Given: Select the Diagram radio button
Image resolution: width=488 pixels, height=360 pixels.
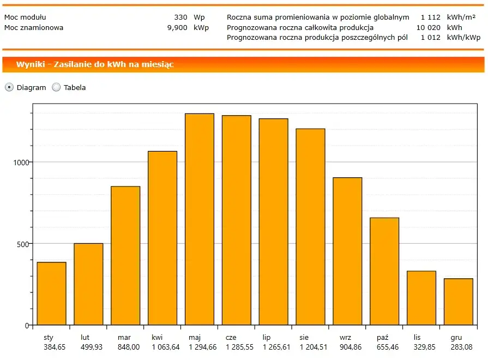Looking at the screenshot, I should (x=9, y=87).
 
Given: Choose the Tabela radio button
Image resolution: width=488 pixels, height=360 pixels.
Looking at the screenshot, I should (x=56, y=87).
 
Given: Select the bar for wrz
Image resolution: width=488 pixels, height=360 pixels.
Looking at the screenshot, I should (x=347, y=251).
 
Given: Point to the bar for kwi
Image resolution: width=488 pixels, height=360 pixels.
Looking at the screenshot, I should (x=162, y=238).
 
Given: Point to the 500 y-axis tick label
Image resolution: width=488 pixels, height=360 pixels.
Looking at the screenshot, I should (x=22, y=244).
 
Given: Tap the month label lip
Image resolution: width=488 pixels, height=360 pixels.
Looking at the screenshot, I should (x=266, y=338).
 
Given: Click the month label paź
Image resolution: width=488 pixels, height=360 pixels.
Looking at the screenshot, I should (x=382, y=338).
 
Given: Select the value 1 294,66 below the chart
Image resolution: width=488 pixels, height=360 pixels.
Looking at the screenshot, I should (x=200, y=347).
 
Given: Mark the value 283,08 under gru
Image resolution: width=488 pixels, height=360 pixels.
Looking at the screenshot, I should (x=458, y=347).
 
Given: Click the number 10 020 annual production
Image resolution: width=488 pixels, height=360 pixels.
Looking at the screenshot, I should (x=428, y=27).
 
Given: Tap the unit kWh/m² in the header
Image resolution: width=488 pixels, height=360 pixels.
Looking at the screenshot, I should (x=461, y=17).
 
